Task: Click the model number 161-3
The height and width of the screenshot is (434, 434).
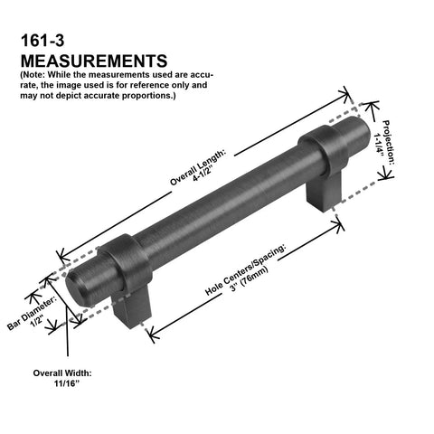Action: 42,41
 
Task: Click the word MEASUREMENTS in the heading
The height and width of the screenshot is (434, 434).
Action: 94,61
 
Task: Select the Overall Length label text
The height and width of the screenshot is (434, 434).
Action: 197,167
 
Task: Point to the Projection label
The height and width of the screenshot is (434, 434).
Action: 388,142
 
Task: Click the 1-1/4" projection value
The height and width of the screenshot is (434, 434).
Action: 379,145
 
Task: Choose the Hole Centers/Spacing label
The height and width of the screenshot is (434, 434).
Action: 245,269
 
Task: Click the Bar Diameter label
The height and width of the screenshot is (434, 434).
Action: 32,313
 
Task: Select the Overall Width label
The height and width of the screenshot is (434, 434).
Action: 62,373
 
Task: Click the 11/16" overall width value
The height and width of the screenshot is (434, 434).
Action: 65,383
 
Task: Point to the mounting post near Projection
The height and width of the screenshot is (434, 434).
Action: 324,193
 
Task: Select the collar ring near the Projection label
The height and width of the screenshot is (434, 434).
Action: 324,151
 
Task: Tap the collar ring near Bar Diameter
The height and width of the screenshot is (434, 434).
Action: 127,264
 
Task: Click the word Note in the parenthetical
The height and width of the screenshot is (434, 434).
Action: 33,74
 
